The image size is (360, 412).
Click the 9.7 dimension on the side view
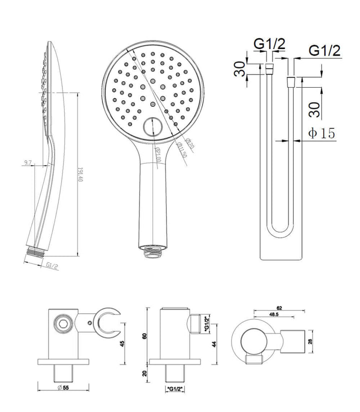point(27,163)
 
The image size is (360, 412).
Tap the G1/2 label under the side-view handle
point(52,266)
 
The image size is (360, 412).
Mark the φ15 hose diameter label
point(321,133)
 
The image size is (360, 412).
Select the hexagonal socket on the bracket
point(63,322)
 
